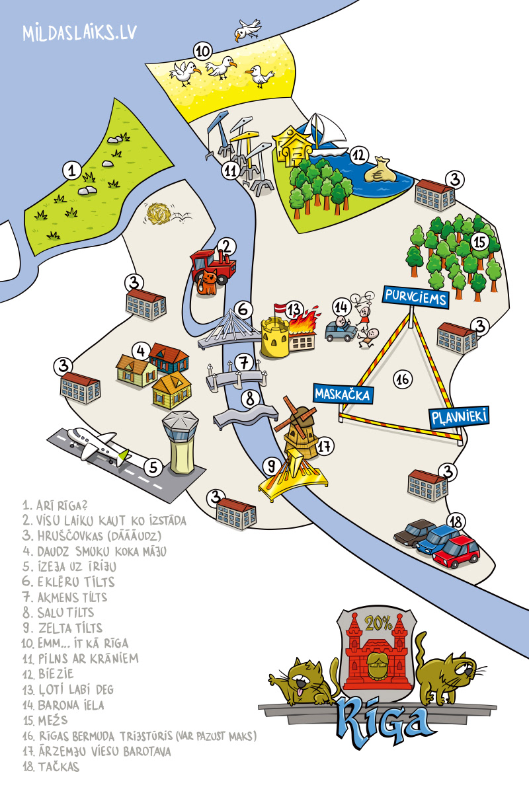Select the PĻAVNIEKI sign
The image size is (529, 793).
tap(459, 416)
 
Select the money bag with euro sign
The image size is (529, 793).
tap(384, 170)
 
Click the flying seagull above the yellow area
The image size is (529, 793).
tap(248, 29)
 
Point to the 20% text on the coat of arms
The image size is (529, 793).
tap(378, 623)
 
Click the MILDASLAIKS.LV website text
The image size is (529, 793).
tap(80, 34)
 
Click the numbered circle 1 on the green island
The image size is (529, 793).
tap(71, 170)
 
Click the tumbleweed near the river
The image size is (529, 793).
tap(159, 213)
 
